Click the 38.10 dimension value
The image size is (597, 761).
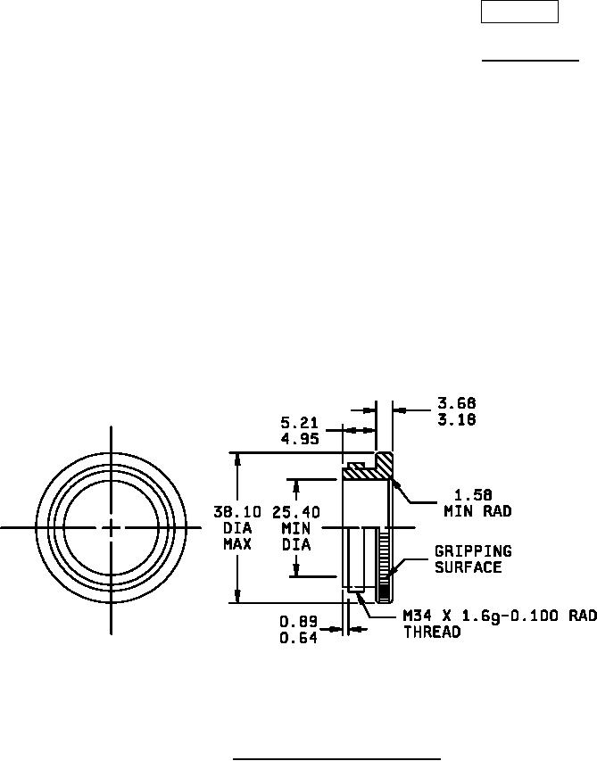pyautogui.click(x=237, y=512)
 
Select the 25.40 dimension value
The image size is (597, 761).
pyautogui.click(x=296, y=512)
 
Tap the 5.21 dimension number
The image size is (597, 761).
pyautogui.click(x=300, y=422)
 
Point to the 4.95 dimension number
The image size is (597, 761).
pyautogui.click(x=300, y=439)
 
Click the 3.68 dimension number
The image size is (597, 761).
pyautogui.click(x=457, y=403)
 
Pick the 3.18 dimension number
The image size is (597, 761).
pyautogui.click(x=457, y=419)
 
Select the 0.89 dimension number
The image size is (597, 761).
pyautogui.click(x=298, y=621)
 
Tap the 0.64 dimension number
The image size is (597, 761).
pyautogui.click(x=298, y=638)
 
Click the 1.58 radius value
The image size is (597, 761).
pyautogui.click(x=473, y=495)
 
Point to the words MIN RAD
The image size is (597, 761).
pyautogui.click(x=478, y=511)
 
